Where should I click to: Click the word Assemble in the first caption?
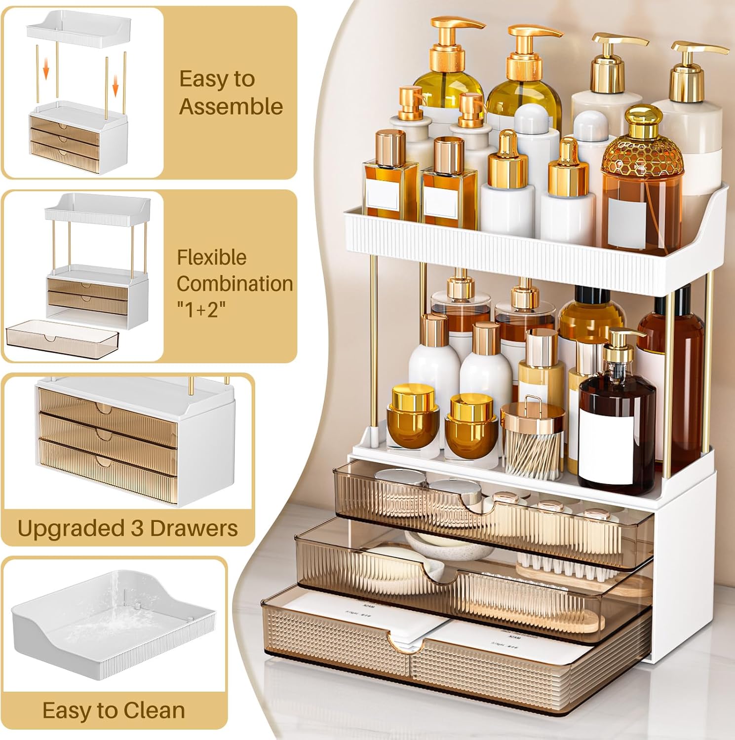(231, 107)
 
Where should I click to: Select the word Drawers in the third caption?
(194, 528)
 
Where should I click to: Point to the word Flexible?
(212, 257)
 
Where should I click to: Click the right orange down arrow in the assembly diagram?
(116, 87)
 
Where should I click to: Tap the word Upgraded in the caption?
(71, 529)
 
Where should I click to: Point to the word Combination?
(235, 284)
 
